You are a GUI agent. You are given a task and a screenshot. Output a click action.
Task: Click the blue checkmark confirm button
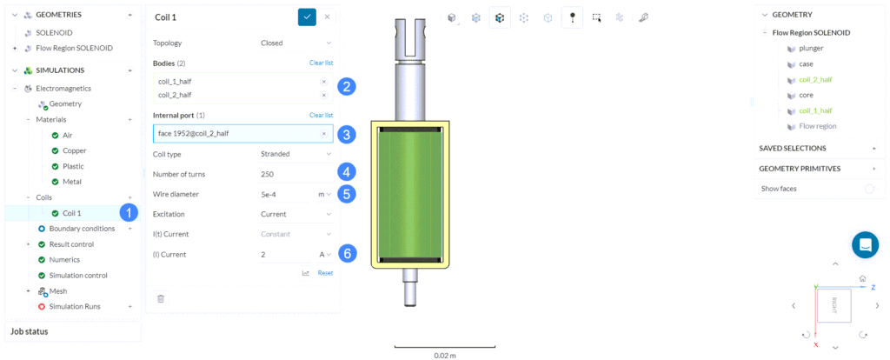[x=307, y=17]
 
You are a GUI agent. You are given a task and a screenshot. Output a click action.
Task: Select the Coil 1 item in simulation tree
[x=73, y=213]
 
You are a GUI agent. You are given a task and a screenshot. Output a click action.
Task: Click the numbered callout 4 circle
[x=347, y=171]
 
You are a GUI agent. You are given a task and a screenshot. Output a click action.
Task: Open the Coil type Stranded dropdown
[x=296, y=154]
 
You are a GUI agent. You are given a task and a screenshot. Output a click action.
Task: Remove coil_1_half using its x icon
[x=324, y=81]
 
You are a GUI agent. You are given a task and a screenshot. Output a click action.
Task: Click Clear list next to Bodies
[x=321, y=63]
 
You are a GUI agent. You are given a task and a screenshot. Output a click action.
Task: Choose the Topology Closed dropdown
[x=296, y=43]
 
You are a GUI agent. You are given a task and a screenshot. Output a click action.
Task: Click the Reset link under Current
[x=325, y=273]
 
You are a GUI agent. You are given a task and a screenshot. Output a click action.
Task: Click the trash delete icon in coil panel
[x=161, y=298]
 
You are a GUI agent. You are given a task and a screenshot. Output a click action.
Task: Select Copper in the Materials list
[x=75, y=151]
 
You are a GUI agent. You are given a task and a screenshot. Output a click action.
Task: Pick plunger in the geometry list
[x=811, y=49]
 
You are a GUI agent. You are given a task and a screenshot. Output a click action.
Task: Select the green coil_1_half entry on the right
[x=814, y=110]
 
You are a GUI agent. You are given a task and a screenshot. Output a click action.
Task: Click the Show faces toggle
[x=869, y=189]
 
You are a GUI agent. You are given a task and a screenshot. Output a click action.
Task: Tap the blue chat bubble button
[x=865, y=244]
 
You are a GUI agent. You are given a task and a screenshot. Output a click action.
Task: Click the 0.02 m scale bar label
[x=445, y=355]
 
